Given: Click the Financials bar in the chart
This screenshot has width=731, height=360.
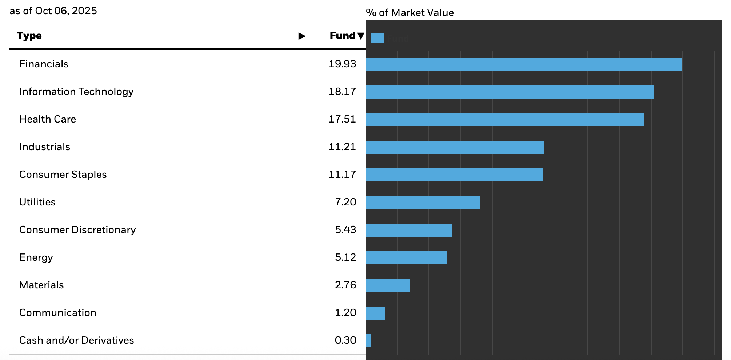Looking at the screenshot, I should (x=524, y=64).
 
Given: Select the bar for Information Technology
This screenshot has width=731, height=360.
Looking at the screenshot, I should (x=510, y=92).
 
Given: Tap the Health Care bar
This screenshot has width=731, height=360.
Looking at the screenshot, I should (x=504, y=120).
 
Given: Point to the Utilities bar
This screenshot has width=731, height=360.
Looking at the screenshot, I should (x=423, y=203).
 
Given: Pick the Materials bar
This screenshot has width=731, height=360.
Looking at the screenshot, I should (x=387, y=285).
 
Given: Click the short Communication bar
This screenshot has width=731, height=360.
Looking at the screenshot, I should (x=375, y=313).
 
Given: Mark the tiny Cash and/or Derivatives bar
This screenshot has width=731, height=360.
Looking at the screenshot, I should (x=368, y=341).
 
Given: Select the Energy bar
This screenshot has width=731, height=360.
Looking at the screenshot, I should (x=406, y=258).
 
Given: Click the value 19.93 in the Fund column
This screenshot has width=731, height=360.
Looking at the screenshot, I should (x=342, y=64).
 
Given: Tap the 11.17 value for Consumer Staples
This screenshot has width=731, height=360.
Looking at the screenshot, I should (x=342, y=175).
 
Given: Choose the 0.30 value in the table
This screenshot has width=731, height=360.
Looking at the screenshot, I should (x=345, y=340).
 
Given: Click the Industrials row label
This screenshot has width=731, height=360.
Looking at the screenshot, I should (x=44, y=147).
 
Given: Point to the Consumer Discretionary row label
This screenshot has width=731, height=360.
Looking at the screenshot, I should (x=77, y=230).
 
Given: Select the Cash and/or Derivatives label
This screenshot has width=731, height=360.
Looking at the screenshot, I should (x=76, y=340).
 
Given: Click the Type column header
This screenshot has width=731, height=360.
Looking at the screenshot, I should (x=29, y=36).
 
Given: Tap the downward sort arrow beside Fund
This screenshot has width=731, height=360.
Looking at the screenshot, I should (x=361, y=36).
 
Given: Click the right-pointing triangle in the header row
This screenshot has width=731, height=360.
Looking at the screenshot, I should (x=302, y=36).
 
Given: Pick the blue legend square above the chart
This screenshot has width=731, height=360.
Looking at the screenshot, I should (x=378, y=38).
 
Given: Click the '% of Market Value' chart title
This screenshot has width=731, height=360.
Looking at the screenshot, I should (x=410, y=13).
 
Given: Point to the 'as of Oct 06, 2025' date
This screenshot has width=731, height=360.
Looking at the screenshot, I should (x=53, y=11).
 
